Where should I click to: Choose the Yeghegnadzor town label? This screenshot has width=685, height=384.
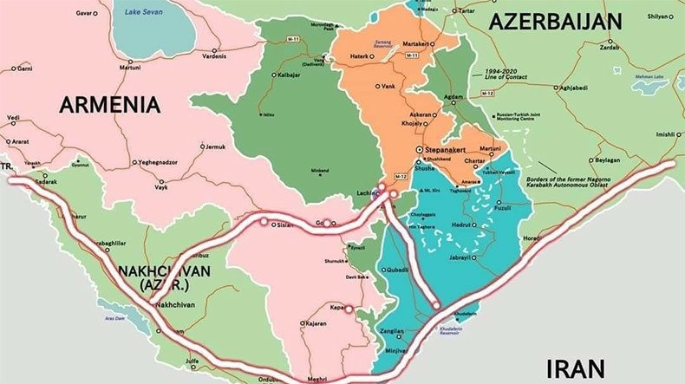point(166,162)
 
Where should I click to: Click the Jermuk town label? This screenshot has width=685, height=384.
point(214,146)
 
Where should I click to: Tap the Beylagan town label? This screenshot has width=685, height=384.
point(606,161)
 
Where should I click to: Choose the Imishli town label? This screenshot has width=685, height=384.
point(666,134)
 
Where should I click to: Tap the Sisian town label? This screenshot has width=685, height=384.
point(284,225)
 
